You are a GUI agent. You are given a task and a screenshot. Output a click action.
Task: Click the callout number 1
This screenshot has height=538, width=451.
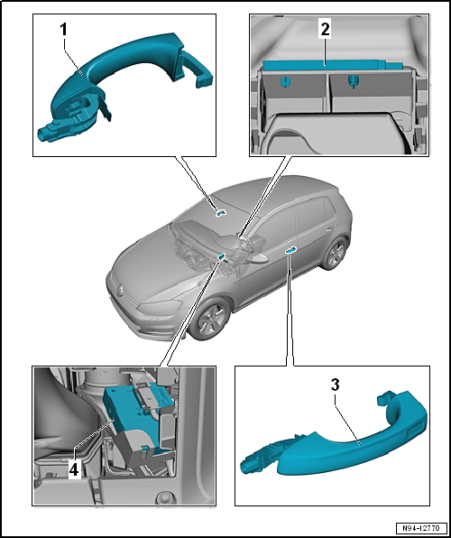coord(63,30)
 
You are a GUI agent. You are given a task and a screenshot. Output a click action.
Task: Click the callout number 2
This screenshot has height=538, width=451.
coord(325,30)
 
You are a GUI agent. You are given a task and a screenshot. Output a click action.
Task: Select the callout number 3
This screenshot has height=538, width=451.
coord(335,385)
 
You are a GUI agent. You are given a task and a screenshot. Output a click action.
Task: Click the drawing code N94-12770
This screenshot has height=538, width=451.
coord(421,527)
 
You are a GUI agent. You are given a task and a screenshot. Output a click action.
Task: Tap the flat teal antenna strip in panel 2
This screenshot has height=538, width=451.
coord(332,65)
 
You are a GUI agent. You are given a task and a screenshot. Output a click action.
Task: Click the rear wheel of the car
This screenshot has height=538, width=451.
coord(334,254)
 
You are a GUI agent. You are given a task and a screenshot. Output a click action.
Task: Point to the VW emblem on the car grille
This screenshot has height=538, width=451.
coord(120,290)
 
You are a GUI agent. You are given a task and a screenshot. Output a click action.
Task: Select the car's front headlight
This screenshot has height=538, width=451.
coord(160,306)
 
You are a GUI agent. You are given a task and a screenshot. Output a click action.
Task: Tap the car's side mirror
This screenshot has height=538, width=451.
coord(257,258)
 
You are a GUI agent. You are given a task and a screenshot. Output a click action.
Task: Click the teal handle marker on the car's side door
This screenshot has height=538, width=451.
coord(290,249)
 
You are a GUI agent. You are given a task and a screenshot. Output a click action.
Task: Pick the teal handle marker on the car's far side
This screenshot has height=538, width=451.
coord(220,213)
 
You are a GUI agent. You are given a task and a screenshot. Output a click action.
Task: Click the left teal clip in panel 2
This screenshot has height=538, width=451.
coord(285,82)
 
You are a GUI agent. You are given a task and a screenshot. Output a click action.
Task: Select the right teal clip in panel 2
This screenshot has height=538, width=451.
coord(353,81)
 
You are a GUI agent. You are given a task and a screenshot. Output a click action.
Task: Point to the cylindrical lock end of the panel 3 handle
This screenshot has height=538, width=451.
coord(248,468)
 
